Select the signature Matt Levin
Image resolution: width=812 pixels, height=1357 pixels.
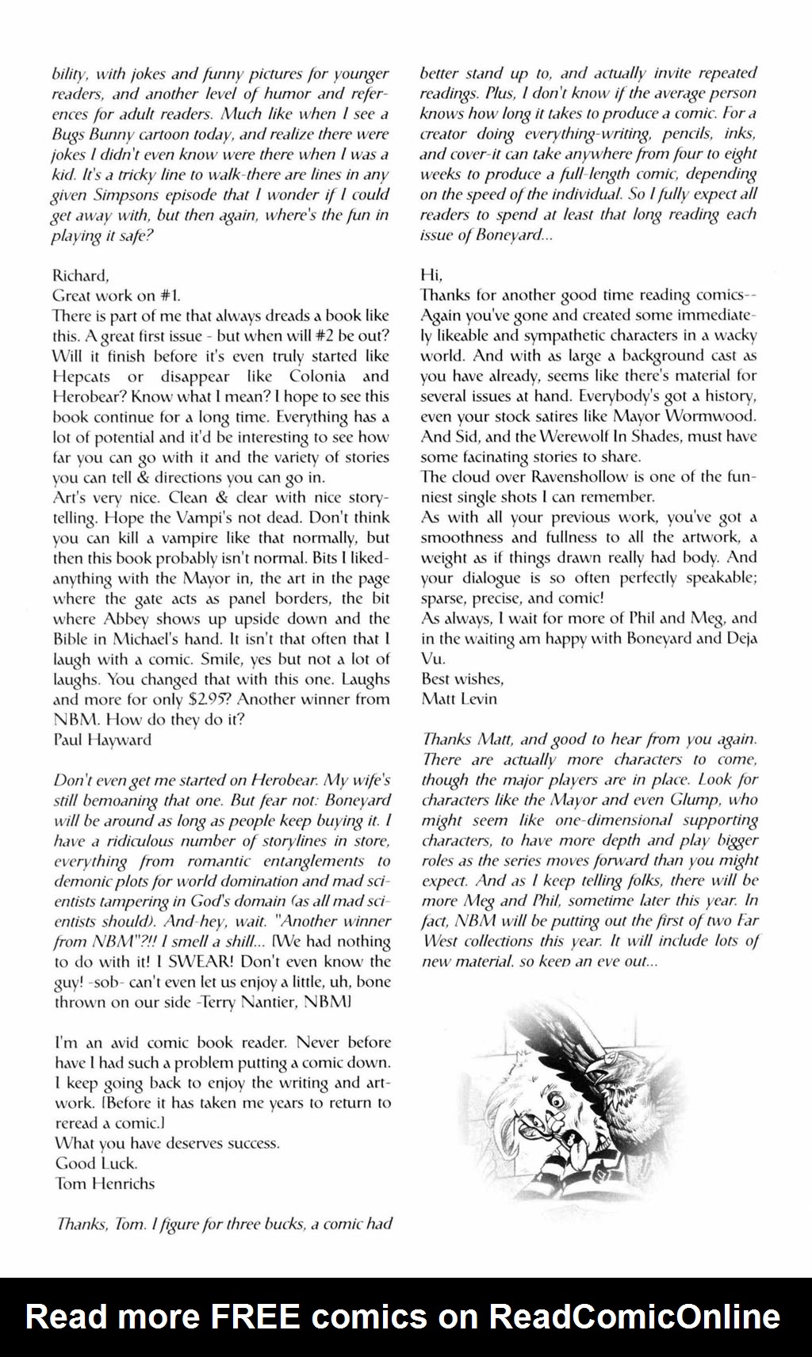[459, 698]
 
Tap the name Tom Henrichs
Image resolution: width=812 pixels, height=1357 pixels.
[105, 1183]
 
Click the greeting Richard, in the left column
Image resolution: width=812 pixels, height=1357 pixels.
[80, 275]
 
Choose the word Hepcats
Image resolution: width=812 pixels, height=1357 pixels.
[82, 376]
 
